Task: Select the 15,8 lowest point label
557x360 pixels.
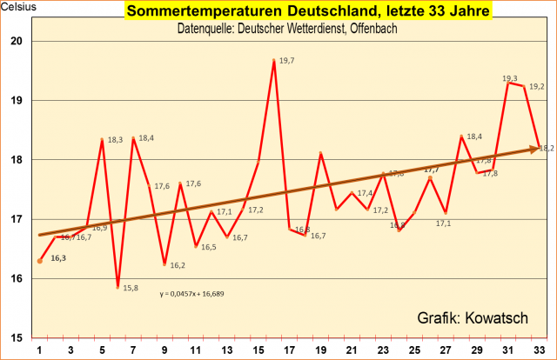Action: pos(131,288)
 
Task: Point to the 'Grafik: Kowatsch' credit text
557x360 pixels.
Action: pos(473,318)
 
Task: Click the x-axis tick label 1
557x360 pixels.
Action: pos(40,350)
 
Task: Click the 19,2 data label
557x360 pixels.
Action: pos(537,86)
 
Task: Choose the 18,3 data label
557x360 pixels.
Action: pos(115,139)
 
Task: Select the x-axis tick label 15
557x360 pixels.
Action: pos(258,350)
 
